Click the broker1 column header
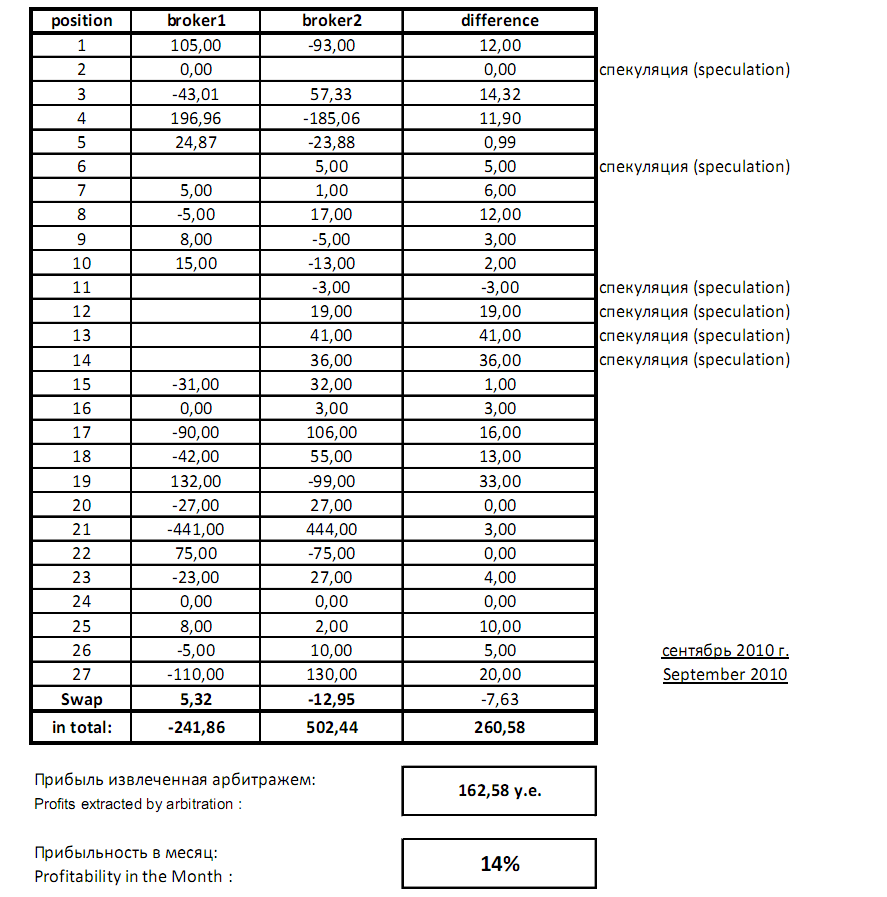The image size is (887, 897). pyautogui.click(x=196, y=21)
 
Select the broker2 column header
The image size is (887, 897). pyautogui.click(x=331, y=21)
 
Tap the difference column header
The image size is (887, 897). pyautogui.click(x=499, y=21)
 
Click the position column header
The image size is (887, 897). pyautogui.click(x=82, y=21)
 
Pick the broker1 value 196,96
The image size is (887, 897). pyautogui.click(x=196, y=118)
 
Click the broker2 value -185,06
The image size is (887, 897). pyautogui.click(x=331, y=118)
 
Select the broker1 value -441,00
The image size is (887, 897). pyautogui.click(x=196, y=529)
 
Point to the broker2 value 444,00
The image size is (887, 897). pyautogui.click(x=331, y=529)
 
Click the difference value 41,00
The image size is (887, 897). pyautogui.click(x=499, y=336)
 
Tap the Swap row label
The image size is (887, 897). pyautogui.click(x=82, y=699)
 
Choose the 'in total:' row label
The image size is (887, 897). pyautogui.click(x=82, y=727)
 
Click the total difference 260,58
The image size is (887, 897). pyautogui.click(x=499, y=727)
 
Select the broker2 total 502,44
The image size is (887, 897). pyautogui.click(x=331, y=727)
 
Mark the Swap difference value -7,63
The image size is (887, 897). pyautogui.click(x=499, y=699)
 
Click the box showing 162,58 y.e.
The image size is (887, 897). pyautogui.click(x=499, y=791)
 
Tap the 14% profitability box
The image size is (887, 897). pyautogui.click(x=499, y=864)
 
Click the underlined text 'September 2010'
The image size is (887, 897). pyautogui.click(x=725, y=674)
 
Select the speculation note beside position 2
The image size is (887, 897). pyautogui.click(x=695, y=70)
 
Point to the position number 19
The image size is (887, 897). pyautogui.click(x=82, y=481)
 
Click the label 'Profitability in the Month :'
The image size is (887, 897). pyautogui.click(x=133, y=877)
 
